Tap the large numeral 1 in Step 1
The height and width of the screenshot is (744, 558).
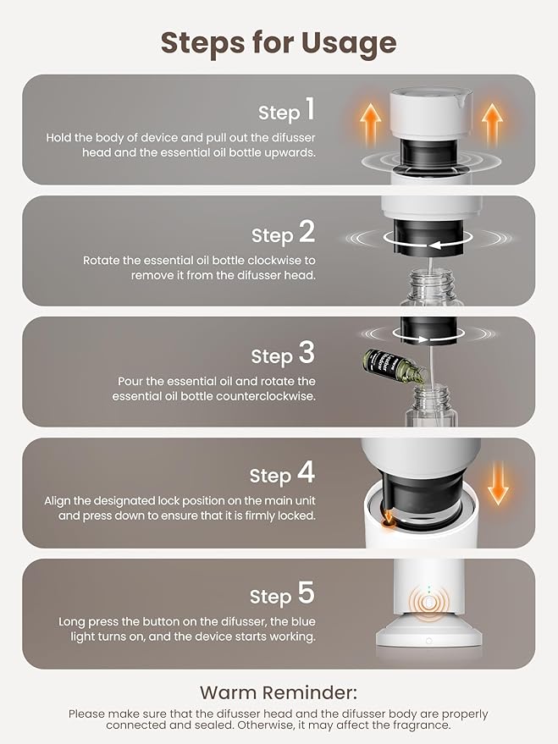point(310,108)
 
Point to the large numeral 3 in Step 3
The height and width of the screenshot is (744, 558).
point(307,353)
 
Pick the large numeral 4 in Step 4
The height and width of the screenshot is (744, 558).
point(307,472)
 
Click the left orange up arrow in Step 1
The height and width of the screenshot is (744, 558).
point(370,124)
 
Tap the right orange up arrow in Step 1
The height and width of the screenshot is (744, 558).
point(492,124)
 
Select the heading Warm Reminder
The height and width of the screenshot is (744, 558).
point(279,692)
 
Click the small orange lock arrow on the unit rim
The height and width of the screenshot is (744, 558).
point(388,517)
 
